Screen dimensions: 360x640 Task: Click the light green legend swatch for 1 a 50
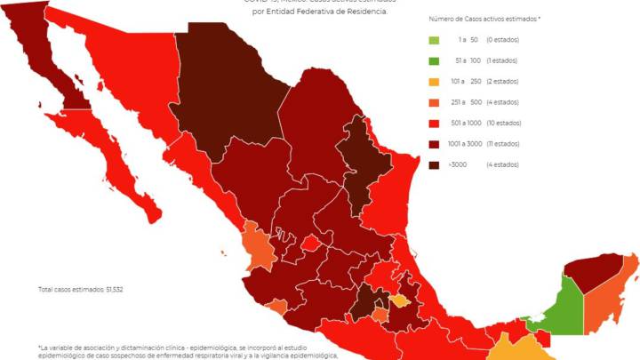(433, 40)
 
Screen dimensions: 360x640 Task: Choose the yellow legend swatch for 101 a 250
(433, 82)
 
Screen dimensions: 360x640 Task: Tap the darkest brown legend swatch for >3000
(433, 164)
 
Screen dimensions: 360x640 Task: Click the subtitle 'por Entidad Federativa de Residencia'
(320, 12)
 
